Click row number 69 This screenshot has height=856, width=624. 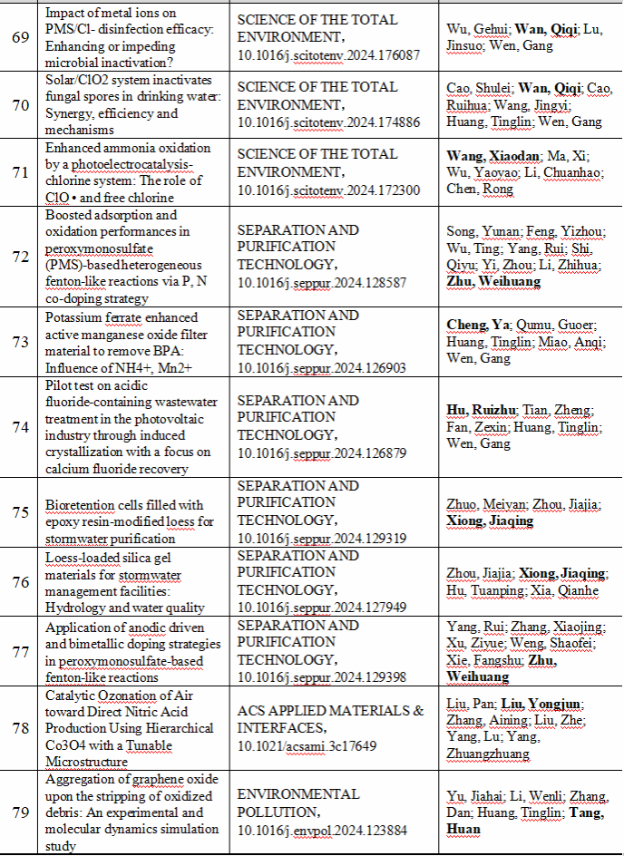(23, 38)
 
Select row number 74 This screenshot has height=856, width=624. (23, 427)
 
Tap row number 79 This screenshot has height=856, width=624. (23, 812)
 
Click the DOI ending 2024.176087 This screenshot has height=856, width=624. (329, 55)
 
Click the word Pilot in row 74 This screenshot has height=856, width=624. (60, 384)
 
